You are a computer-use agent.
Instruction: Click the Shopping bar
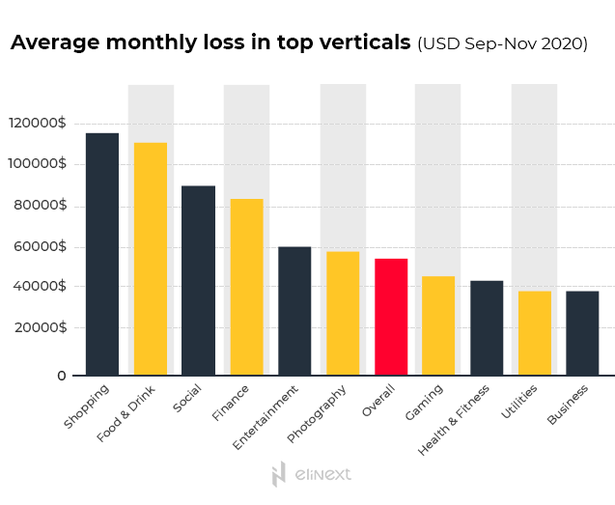102,254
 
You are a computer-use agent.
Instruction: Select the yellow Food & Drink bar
151,259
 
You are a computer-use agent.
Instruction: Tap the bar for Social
199,280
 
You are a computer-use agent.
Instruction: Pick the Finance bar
247,287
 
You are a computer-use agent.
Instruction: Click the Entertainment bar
294,311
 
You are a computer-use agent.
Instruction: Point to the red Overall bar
391,317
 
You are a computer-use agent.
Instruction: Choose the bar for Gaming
438,325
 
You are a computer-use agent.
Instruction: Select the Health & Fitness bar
487,327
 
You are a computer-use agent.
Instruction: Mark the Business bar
582,333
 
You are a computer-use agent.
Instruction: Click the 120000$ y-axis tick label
38,124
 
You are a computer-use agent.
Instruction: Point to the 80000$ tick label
38,205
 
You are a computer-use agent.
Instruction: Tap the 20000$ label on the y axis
38,327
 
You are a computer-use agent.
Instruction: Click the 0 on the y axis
61,375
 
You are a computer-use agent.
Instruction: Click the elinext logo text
321,474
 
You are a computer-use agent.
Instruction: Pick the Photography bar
343,313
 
